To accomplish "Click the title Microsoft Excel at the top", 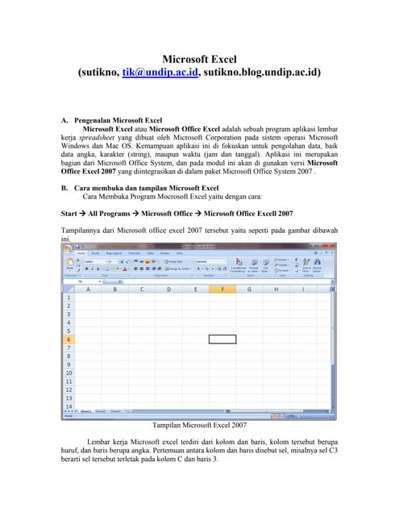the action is (x=198, y=59).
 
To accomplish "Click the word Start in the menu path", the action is (x=71, y=214).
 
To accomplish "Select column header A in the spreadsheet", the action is (x=88, y=289).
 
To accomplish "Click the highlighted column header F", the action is (x=222, y=289).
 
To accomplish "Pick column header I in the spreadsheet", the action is (x=303, y=289).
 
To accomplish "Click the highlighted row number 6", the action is (x=69, y=339).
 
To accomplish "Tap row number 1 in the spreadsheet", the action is (x=69, y=298).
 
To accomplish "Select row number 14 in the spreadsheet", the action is (x=69, y=406).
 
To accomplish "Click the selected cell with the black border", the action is (x=222, y=339).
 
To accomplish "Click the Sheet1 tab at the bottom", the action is (x=85, y=412).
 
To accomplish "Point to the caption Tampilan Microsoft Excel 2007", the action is (x=198, y=424).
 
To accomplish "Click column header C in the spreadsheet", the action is (x=143, y=289).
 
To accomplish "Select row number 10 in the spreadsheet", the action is (x=69, y=373).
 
